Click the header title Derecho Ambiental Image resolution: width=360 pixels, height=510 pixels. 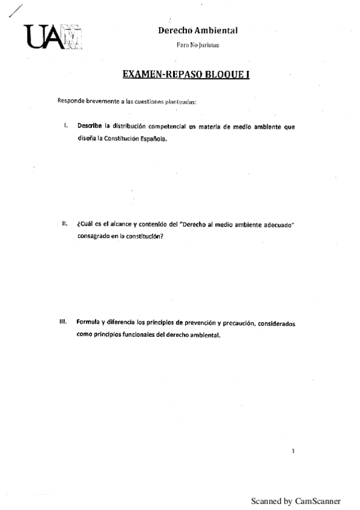198,30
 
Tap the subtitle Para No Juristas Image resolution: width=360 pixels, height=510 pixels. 198,45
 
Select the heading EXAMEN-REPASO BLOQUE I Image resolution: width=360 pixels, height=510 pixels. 186,76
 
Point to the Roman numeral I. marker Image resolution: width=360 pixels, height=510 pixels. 66,126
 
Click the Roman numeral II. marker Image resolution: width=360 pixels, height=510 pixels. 64,224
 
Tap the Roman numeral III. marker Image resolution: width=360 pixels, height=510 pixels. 63,322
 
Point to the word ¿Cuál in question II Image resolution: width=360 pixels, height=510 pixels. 85,224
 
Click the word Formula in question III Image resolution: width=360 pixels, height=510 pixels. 88,322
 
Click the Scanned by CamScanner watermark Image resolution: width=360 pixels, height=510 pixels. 295,500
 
